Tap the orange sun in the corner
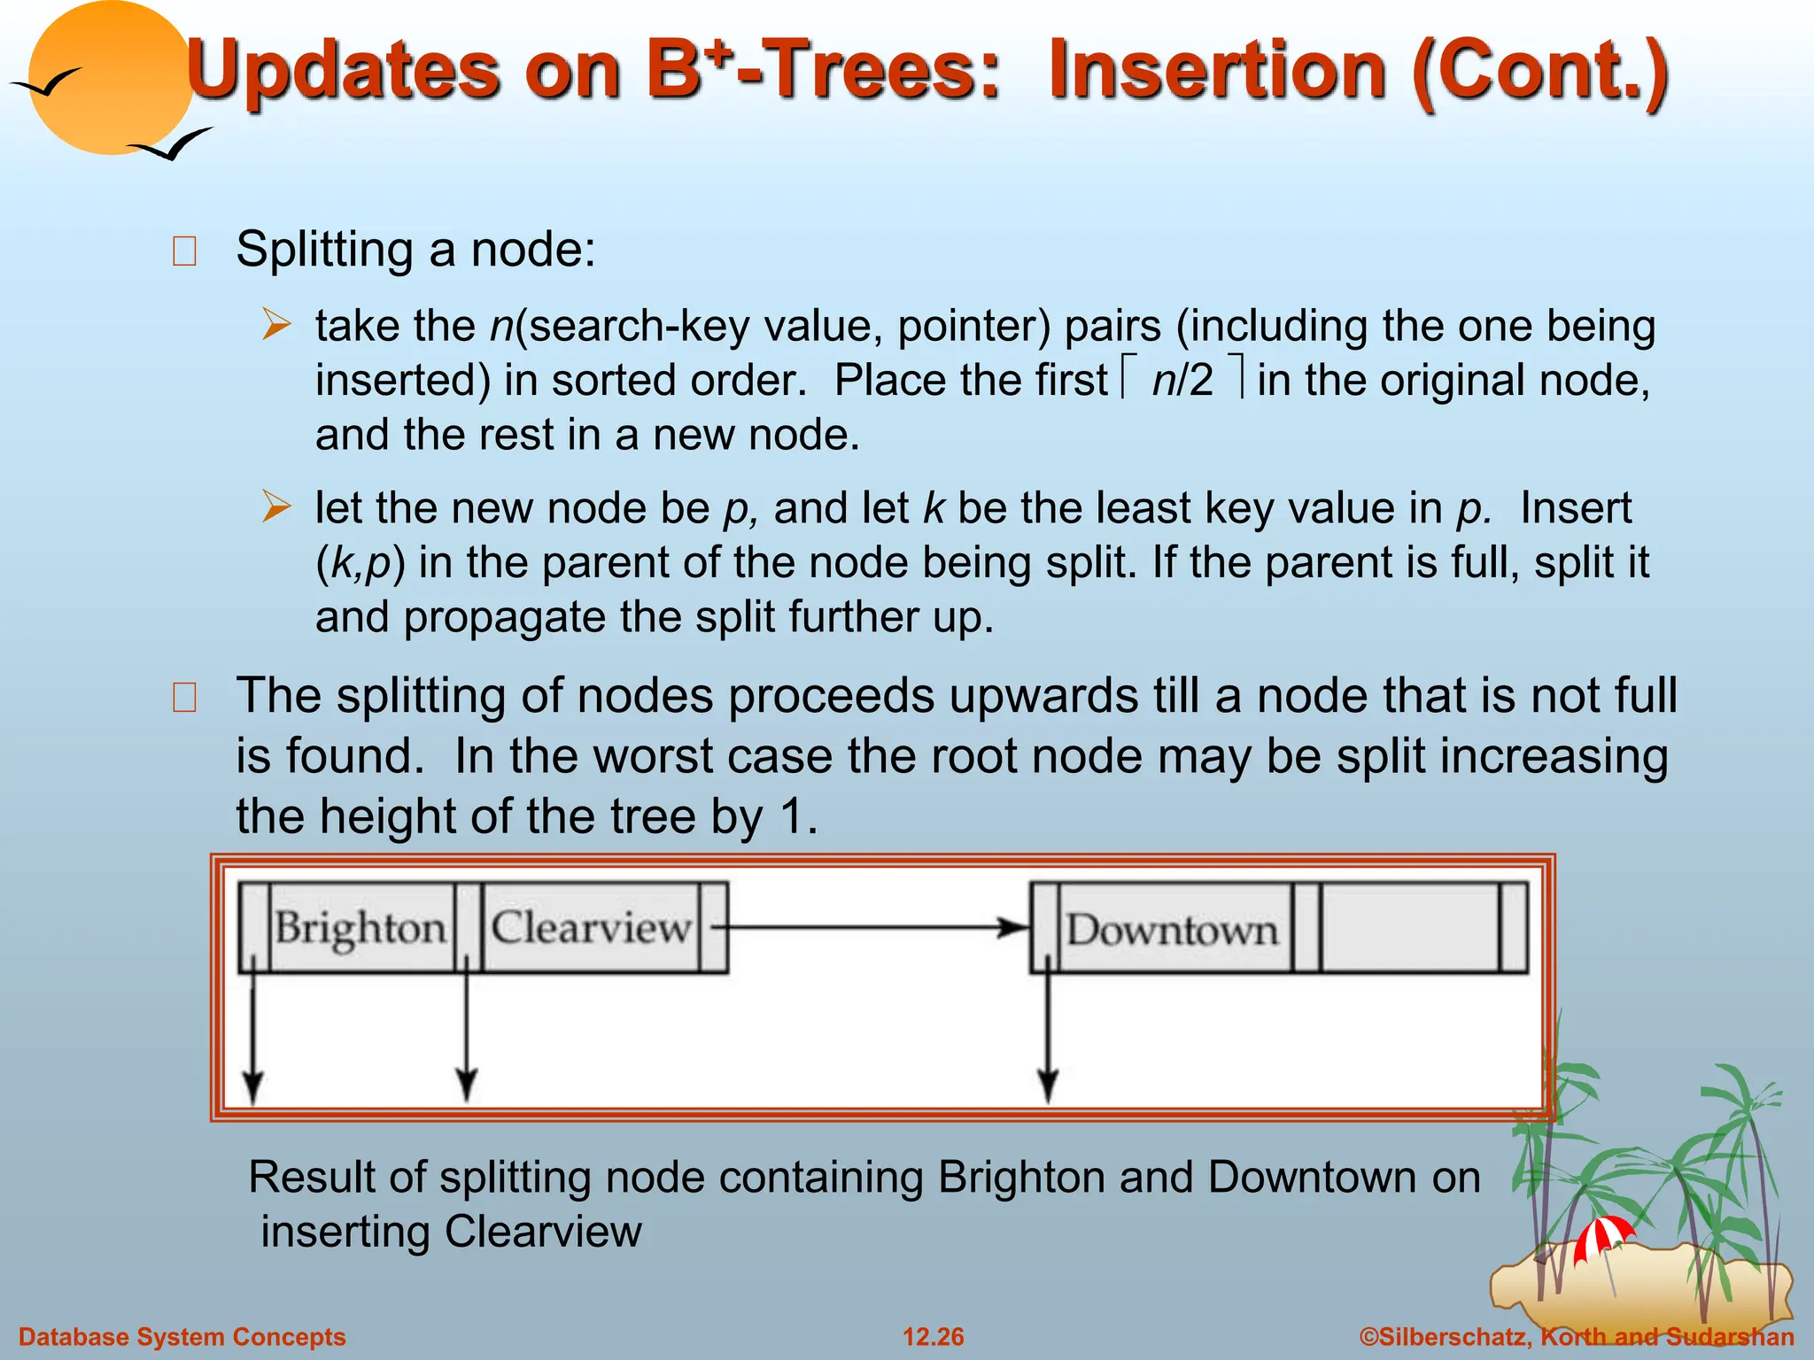[x=111, y=80]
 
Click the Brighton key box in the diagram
[x=360, y=928]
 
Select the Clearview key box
[x=590, y=928]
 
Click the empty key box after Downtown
[x=1410, y=928]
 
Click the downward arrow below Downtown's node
[x=1048, y=1036]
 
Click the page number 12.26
[x=933, y=1337]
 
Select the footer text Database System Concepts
[x=182, y=1337]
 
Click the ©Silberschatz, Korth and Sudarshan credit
[x=1577, y=1337]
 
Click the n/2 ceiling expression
[x=1182, y=380]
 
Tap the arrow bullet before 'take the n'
[x=276, y=325]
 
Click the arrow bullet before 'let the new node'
[x=276, y=507]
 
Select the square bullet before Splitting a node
[x=184, y=251]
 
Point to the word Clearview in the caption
[x=542, y=1232]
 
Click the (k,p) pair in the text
[x=360, y=563]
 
